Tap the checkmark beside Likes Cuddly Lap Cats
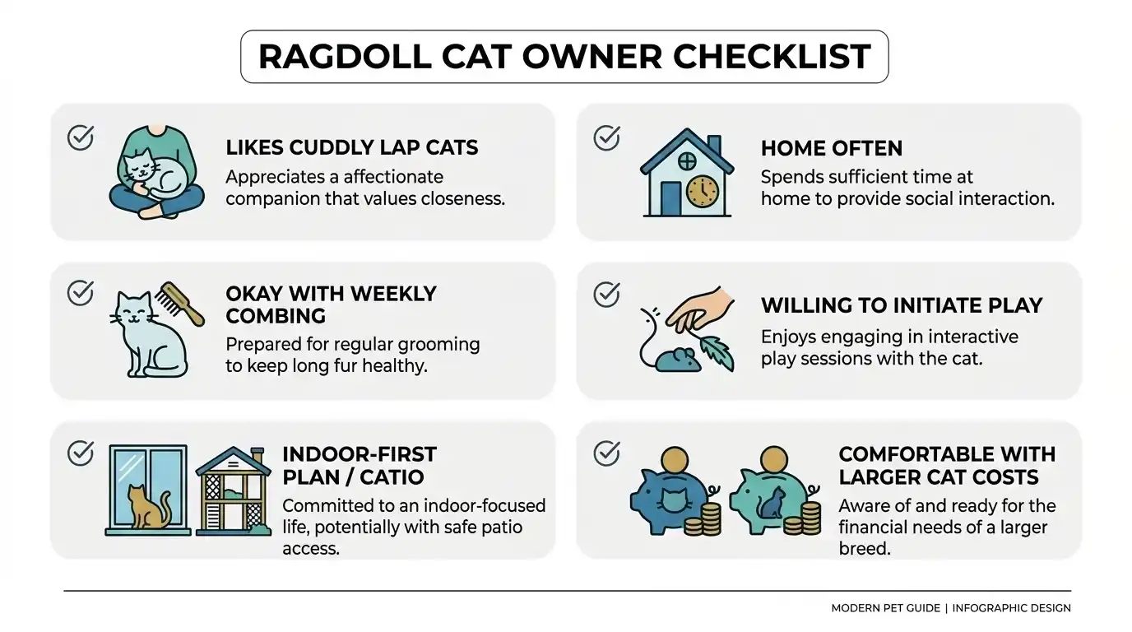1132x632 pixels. tap(81, 137)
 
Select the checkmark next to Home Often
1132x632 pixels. tap(606, 137)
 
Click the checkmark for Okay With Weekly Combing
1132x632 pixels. tap(81, 292)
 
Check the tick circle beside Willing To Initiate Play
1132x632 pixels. tap(606, 294)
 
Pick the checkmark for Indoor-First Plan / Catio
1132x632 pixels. tap(81, 453)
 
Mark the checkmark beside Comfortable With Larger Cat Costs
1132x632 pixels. tap(606, 452)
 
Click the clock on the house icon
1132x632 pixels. tap(702, 192)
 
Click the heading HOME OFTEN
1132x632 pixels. tap(831, 148)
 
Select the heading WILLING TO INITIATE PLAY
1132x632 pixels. tap(902, 305)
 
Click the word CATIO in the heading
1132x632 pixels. tap(391, 476)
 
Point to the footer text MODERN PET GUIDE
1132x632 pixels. tap(885, 608)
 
